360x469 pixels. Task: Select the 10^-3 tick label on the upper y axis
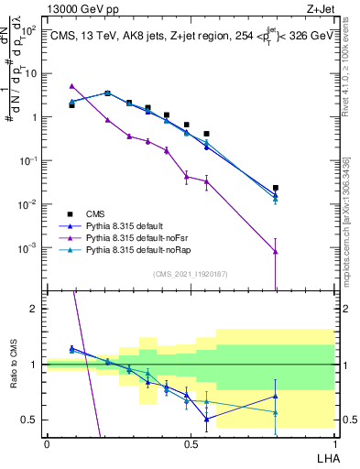coord(28,247)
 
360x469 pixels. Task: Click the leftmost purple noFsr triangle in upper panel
coord(71,86)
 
